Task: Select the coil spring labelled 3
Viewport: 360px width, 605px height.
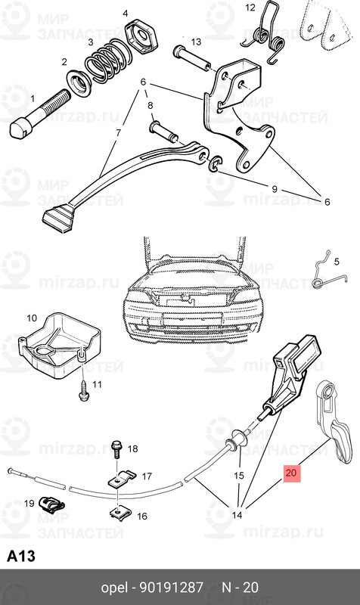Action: (107, 60)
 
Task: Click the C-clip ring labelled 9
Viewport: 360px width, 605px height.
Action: (216, 163)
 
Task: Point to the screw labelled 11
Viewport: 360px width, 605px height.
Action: (82, 389)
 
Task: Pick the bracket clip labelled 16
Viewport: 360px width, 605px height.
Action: (120, 513)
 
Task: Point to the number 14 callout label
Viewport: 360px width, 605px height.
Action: (236, 516)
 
